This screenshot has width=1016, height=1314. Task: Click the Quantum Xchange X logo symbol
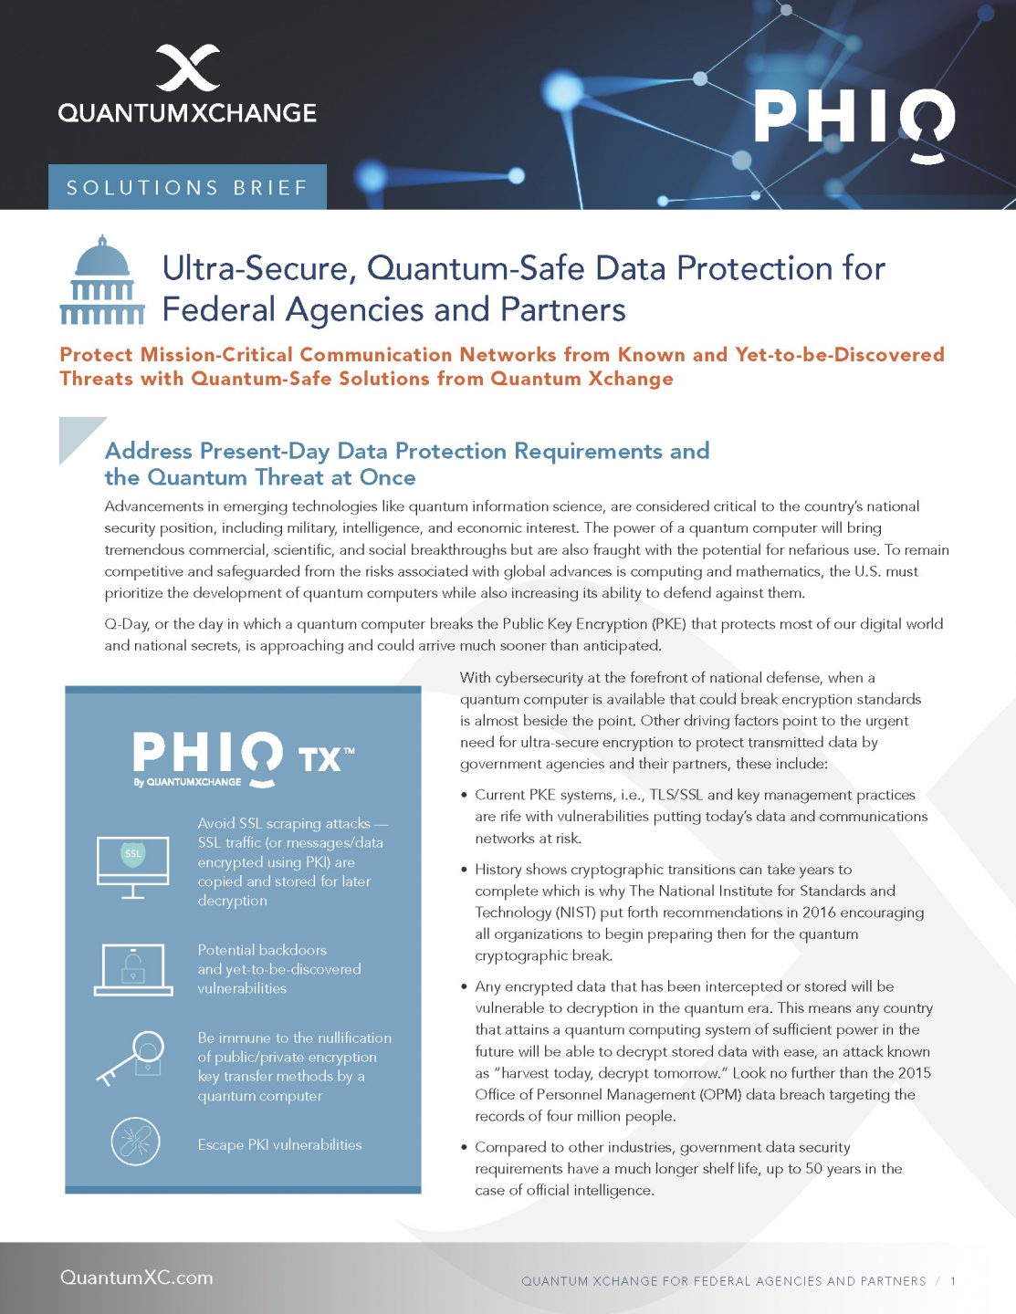pyautogui.click(x=187, y=68)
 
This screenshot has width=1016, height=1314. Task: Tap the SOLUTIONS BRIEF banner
pyautogui.click(x=187, y=188)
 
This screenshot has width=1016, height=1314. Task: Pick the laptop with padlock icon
pyautogui.click(x=133, y=969)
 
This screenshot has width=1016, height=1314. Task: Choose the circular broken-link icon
pyautogui.click(x=135, y=1141)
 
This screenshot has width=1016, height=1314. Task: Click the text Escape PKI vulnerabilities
pyautogui.click(x=279, y=1144)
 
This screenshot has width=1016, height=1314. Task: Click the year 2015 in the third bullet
pyautogui.click(x=914, y=1073)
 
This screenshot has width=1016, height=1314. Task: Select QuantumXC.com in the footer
pyautogui.click(x=137, y=1277)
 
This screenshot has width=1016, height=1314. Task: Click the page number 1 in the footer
pyautogui.click(x=953, y=1281)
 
